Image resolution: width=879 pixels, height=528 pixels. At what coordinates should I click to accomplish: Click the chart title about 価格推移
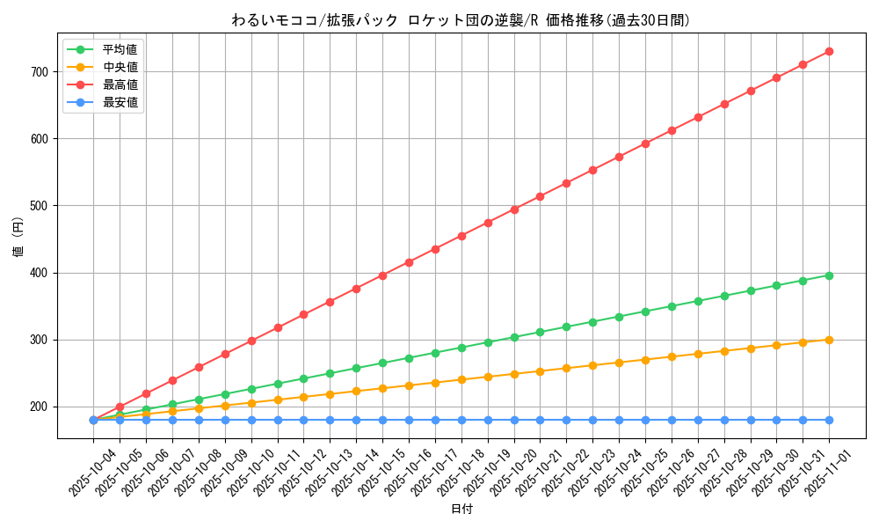461,20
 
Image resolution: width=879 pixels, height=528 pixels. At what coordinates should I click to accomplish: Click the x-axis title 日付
461,510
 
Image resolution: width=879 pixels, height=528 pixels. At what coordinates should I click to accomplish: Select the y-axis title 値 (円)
18,238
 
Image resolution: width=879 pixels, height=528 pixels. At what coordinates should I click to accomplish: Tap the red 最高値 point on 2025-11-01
829,51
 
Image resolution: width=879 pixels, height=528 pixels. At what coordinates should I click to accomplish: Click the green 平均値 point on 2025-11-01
829,275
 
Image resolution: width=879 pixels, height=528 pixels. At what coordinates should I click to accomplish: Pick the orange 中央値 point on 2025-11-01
829,340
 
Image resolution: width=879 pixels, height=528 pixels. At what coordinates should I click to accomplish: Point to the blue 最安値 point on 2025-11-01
829,420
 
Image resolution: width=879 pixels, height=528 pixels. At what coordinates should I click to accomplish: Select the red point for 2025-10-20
514,209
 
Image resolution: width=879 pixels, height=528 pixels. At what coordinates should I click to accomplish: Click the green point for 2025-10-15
382,363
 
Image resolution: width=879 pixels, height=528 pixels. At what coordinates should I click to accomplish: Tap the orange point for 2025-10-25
645,360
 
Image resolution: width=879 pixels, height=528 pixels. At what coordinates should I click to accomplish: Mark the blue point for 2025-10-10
251,420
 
